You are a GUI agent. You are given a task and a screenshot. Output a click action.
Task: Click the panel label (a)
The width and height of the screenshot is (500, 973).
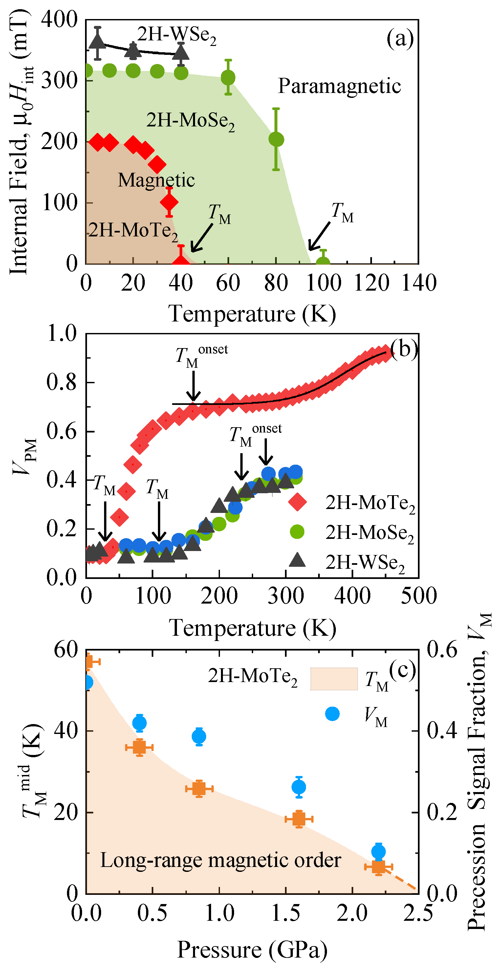[400, 38]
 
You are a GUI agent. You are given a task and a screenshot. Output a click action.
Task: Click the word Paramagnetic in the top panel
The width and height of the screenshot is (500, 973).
[339, 86]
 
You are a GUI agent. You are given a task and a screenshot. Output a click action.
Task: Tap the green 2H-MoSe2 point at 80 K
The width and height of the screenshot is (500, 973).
[276, 139]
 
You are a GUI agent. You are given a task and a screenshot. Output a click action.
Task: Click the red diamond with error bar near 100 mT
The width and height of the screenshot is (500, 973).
[169, 202]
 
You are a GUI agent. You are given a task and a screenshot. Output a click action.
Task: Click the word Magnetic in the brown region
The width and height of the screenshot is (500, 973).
[156, 180]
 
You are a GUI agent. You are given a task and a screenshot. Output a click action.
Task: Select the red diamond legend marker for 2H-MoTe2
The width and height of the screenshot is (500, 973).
[297, 502]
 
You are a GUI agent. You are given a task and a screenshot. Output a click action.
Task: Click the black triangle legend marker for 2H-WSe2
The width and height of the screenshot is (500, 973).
[297, 560]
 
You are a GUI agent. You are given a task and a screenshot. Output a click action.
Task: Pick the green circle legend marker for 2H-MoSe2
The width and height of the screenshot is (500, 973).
[297, 531]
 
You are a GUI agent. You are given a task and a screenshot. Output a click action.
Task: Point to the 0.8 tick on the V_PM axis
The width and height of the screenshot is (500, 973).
[61, 382]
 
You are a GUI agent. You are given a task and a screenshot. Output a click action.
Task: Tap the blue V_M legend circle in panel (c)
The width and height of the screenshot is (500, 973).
[332, 714]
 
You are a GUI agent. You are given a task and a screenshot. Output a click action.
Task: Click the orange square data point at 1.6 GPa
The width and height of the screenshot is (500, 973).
[299, 819]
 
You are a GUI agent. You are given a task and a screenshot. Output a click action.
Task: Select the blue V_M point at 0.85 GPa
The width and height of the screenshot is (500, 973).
[199, 737]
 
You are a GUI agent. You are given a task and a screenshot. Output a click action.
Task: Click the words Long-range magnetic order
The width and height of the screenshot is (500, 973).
[221, 860]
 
